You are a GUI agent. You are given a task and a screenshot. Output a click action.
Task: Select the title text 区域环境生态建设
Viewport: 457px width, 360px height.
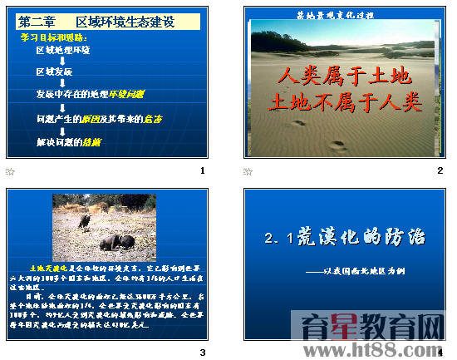(125, 22)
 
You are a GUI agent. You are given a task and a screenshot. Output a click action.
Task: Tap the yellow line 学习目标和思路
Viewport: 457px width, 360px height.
(54, 38)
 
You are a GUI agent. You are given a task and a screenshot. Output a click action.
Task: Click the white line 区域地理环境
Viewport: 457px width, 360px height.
(63, 50)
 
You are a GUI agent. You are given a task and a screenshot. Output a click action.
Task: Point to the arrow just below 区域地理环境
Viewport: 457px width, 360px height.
(63, 61)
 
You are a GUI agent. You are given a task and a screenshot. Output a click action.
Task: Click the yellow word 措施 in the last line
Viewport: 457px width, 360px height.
(92, 142)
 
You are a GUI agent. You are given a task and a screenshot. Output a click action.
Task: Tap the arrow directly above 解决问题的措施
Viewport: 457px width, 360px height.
(63, 131)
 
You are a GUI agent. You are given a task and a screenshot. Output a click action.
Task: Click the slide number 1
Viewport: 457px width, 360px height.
(202, 170)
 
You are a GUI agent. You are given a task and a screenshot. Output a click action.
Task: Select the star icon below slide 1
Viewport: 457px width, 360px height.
(10, 171)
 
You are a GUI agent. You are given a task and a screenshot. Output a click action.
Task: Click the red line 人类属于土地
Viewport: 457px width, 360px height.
(342, 77)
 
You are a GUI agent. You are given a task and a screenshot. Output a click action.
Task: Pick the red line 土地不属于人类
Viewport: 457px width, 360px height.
(342, 102)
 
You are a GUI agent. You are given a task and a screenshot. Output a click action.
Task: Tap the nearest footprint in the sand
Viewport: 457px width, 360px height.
(337, 146)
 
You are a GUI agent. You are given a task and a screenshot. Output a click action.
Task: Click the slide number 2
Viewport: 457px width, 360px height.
(440, 170)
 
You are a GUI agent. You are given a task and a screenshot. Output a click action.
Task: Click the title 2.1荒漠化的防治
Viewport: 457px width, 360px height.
(344, 239)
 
